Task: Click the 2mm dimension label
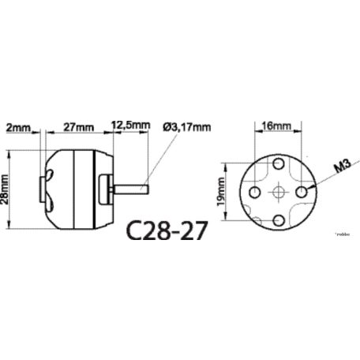pos(17,126)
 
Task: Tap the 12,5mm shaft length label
pos(129,126)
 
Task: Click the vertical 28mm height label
pos(7,189)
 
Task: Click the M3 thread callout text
pos(341,167)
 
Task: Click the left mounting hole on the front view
pos(255,192)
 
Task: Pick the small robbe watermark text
pos(343,234)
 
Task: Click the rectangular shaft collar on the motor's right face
pos(110,189)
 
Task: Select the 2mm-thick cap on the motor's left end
pos(43,189)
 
